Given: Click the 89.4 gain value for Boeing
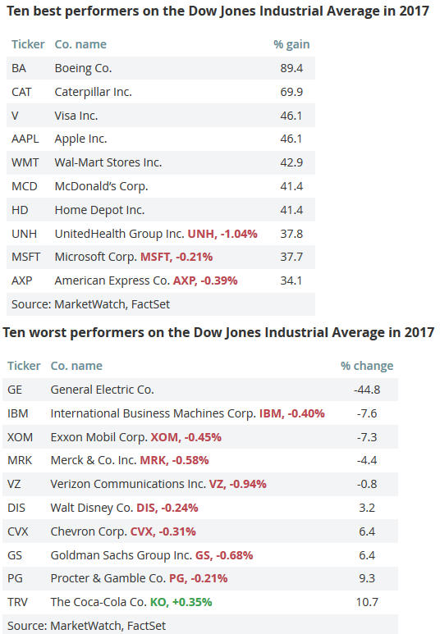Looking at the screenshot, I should coord(291,68).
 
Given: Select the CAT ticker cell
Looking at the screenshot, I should coord(21,92).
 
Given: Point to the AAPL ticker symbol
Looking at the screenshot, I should coord(25,139).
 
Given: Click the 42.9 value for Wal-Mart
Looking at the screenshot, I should coord(291,162).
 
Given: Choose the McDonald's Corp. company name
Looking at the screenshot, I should coord(101,186).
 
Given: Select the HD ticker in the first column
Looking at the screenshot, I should coord(20,210).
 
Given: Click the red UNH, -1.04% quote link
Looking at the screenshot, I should coord(222,234).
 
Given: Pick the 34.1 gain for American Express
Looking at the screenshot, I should coord(291,281).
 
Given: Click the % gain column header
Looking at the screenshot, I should coord(291,44).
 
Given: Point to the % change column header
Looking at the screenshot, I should coord(367,366).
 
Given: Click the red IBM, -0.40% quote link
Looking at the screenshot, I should coord(292,413).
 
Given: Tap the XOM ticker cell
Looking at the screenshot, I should coord(20,436).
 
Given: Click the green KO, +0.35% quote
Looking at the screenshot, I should coord(181,602).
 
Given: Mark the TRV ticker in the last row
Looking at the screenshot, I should coord(18,602).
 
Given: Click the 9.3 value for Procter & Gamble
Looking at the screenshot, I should coord(367,578).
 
